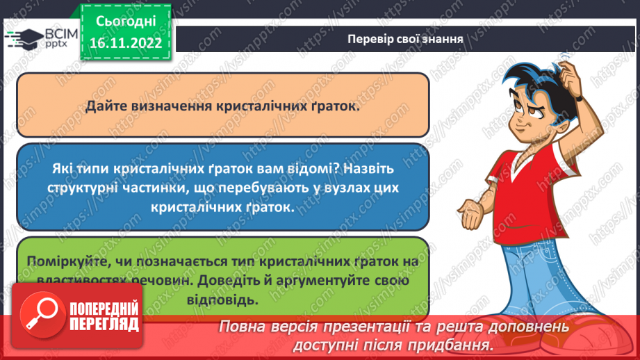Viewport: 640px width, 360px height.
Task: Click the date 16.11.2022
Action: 125,42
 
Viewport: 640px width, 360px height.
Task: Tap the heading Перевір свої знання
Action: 406,39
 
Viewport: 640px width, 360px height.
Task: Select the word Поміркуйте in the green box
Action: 64,262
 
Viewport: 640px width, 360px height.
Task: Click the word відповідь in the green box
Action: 223,300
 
